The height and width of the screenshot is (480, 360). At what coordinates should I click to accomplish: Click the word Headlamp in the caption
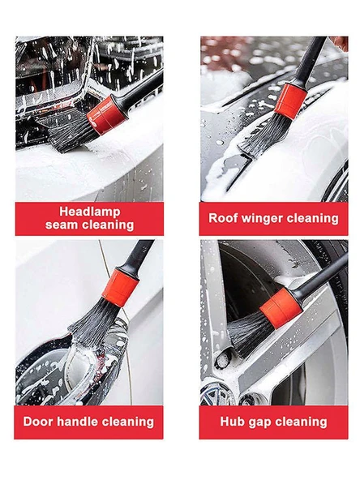(90, 212)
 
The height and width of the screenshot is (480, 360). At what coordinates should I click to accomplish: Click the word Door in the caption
(38, 422)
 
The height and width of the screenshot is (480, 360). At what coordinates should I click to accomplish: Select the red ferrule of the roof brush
(290, 101)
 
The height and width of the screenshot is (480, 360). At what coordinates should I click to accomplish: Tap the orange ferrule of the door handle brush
(120, 288)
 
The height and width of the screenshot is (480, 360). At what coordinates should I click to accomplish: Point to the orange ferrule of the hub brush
(281, 308)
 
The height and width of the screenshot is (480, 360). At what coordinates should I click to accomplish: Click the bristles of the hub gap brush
(249, 335)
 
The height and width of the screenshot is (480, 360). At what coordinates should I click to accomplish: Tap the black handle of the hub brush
(321, 277)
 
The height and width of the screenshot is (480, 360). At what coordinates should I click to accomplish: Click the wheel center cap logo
(217, 394)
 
